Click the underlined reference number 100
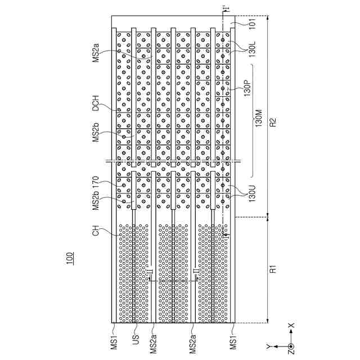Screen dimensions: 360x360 click(x=69, y=259)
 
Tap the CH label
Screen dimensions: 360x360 click(x=96, y=230)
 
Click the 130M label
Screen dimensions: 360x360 click(x=259, y=119)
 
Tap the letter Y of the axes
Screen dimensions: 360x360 click(x=268, y=345)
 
